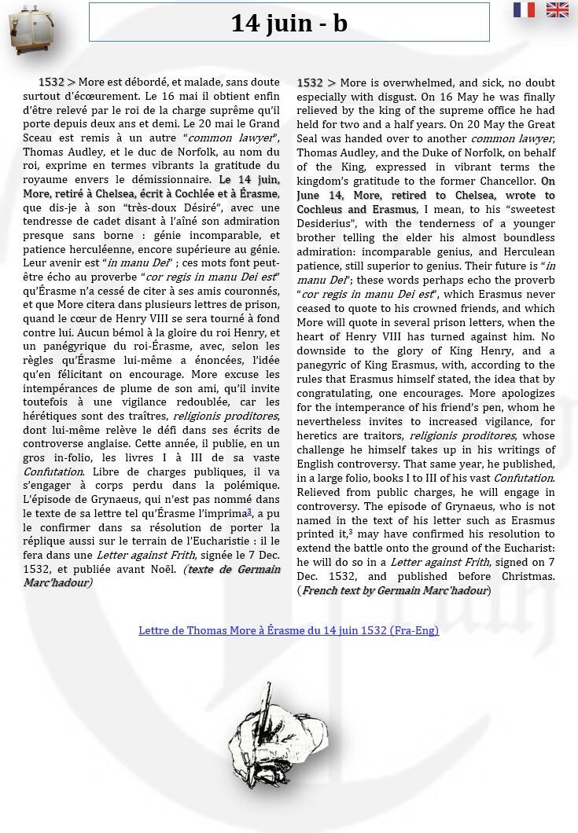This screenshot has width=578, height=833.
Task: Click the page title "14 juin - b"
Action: [289, 23]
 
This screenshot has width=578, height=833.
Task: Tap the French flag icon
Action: [524, 9]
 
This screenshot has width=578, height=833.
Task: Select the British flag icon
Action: [558, 9]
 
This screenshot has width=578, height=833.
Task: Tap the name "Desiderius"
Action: [326, 223]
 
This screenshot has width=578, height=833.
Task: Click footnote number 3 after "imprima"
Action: [249, 512]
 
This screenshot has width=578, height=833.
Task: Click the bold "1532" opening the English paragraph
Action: [310, 83]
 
